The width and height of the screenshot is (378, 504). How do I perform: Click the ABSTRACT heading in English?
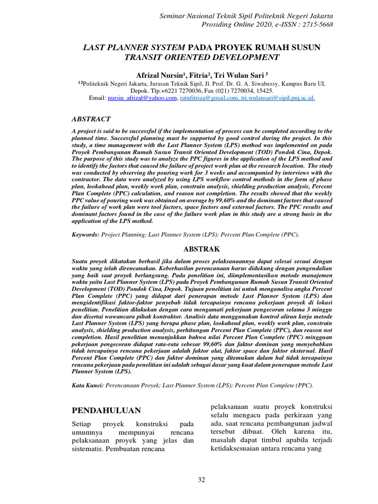point(92,119)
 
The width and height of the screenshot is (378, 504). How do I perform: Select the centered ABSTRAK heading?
point(202,249)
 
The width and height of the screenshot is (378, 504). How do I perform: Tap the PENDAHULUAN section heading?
point(106,410)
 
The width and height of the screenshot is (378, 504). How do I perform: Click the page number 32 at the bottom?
point(201,480)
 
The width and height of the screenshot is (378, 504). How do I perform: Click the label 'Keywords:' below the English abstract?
point(86,235)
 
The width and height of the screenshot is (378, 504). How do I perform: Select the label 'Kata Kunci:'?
point(88,386)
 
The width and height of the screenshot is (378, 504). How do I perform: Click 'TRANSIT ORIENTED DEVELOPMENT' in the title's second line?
point(202,57)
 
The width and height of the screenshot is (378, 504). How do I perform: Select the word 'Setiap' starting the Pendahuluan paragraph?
point(82,424)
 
